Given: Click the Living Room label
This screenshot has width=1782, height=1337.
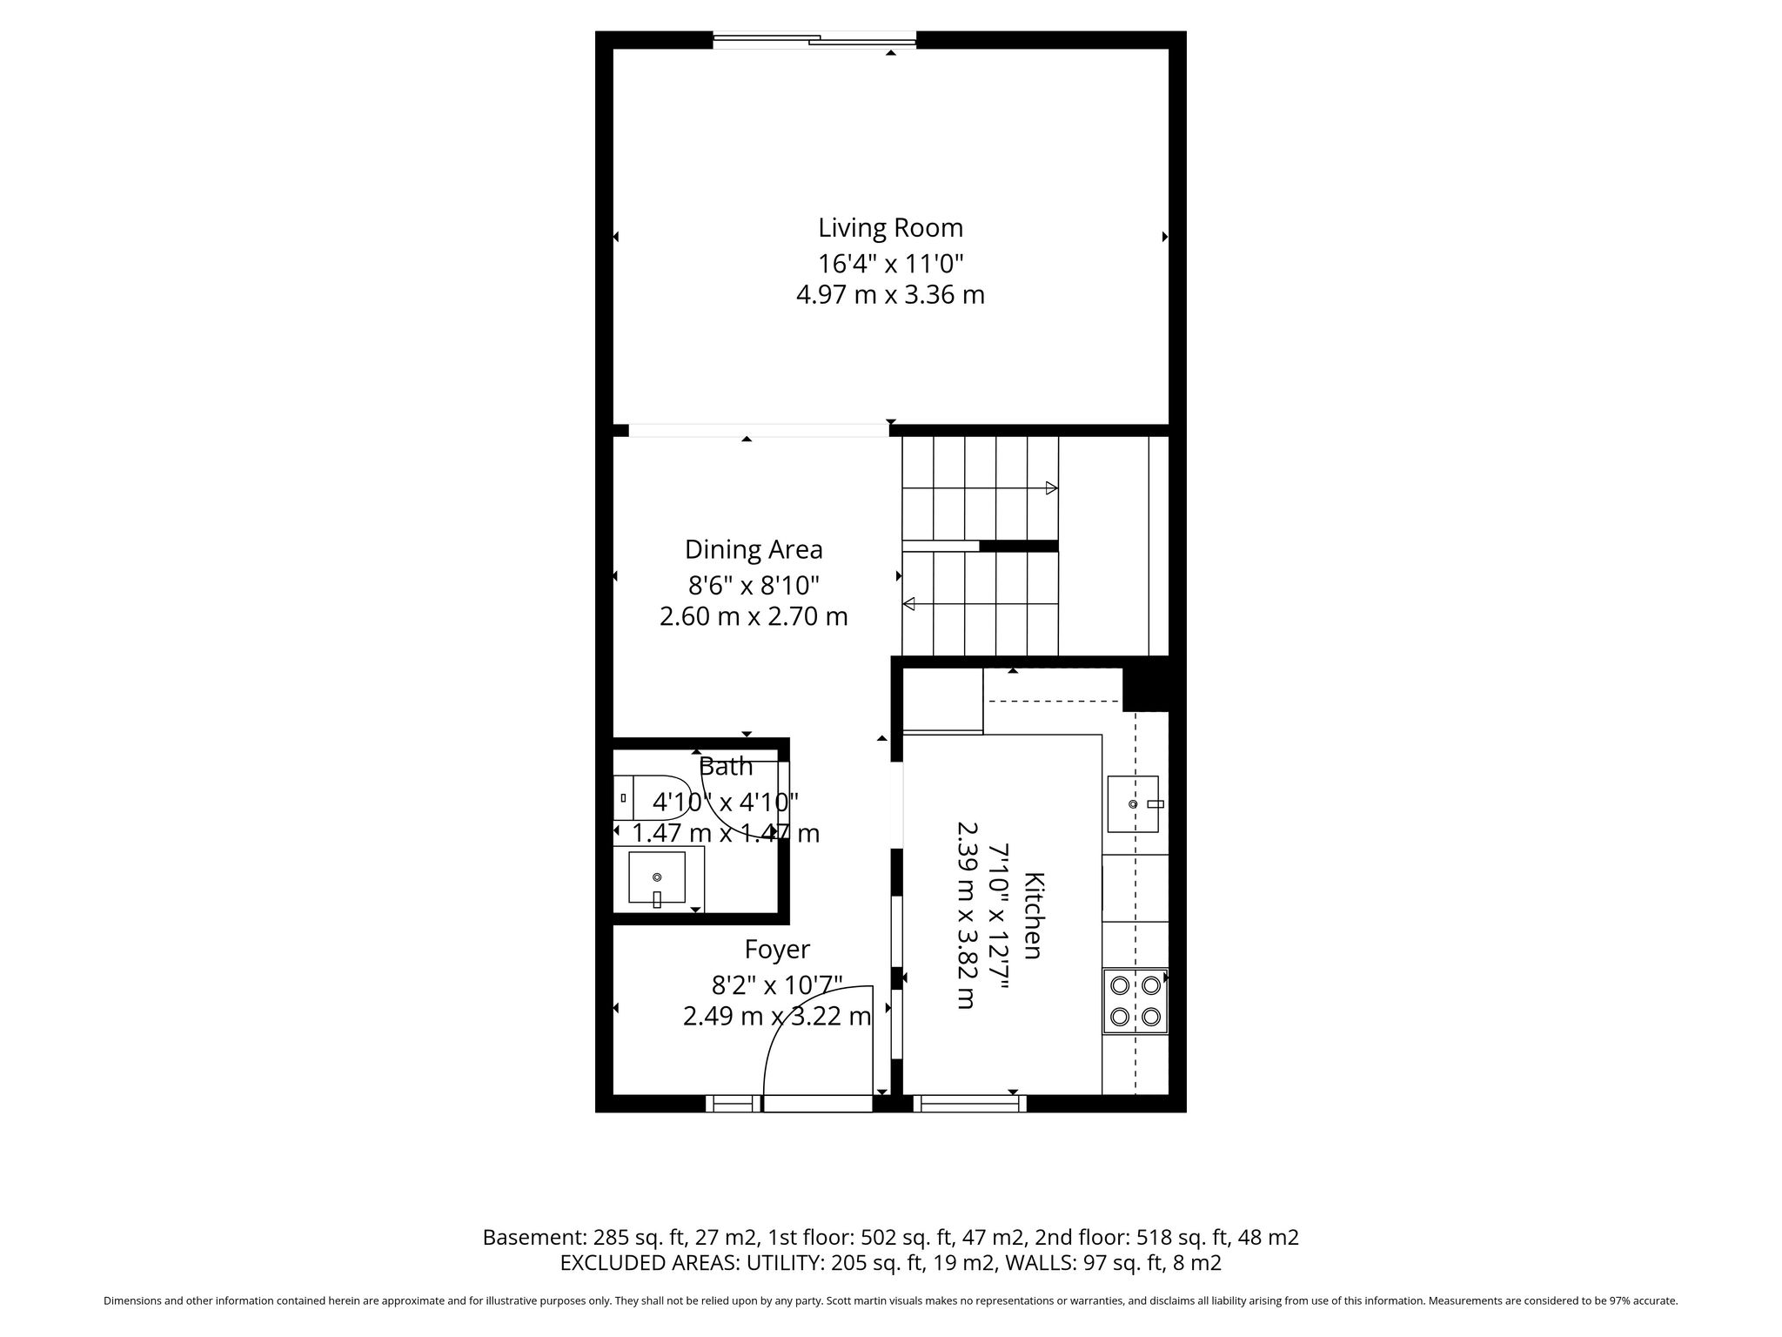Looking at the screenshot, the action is [890, 228].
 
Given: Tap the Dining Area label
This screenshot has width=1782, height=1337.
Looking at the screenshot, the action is [754, 549].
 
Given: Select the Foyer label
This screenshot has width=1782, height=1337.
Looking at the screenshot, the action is [777, 949].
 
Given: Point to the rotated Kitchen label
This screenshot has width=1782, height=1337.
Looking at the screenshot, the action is [1033, 915].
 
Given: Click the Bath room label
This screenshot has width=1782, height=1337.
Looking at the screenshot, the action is [726, 767].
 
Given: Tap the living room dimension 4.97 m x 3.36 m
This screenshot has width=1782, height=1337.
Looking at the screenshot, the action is [890, 295].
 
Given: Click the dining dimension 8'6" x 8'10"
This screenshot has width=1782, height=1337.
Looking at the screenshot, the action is [754, 583].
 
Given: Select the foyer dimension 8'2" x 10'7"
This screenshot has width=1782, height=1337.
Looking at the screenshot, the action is [777, 984].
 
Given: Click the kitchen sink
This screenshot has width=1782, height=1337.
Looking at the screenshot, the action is [1133, 803].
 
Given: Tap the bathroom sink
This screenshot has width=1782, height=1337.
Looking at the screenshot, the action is [657, 878].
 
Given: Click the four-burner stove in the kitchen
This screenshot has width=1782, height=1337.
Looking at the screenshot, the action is [1136, 1001].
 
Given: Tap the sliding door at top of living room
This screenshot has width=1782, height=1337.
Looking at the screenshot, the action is [814, 39].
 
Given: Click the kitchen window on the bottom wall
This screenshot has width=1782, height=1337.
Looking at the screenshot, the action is [970, 1104].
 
